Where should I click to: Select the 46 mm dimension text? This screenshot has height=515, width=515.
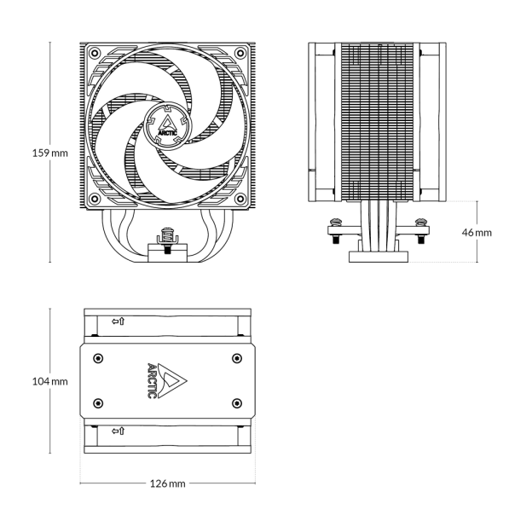pyautogui.click(x=477, y=232)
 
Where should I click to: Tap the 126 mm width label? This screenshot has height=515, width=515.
pyautogui.click(x=167, y=483)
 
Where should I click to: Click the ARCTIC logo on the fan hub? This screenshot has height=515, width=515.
pyautogui.click(x=167, y=126)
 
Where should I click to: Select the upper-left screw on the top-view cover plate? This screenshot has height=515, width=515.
pyautogui.click(x=97, y=357)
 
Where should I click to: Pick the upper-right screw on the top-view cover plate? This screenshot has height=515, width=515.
pyautogui.click(x=236, y=357)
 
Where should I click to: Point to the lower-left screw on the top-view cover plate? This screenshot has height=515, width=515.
pyautogui.click(x=97, y=403)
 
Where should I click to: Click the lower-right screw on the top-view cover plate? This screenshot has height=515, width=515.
pyautogui.click(x=236, y=403)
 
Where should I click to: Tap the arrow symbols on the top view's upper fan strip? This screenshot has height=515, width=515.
pyautogui.click(x=119, y=322)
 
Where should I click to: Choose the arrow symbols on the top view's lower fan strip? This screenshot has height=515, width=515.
pyautogui.click(x=119, y=431)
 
